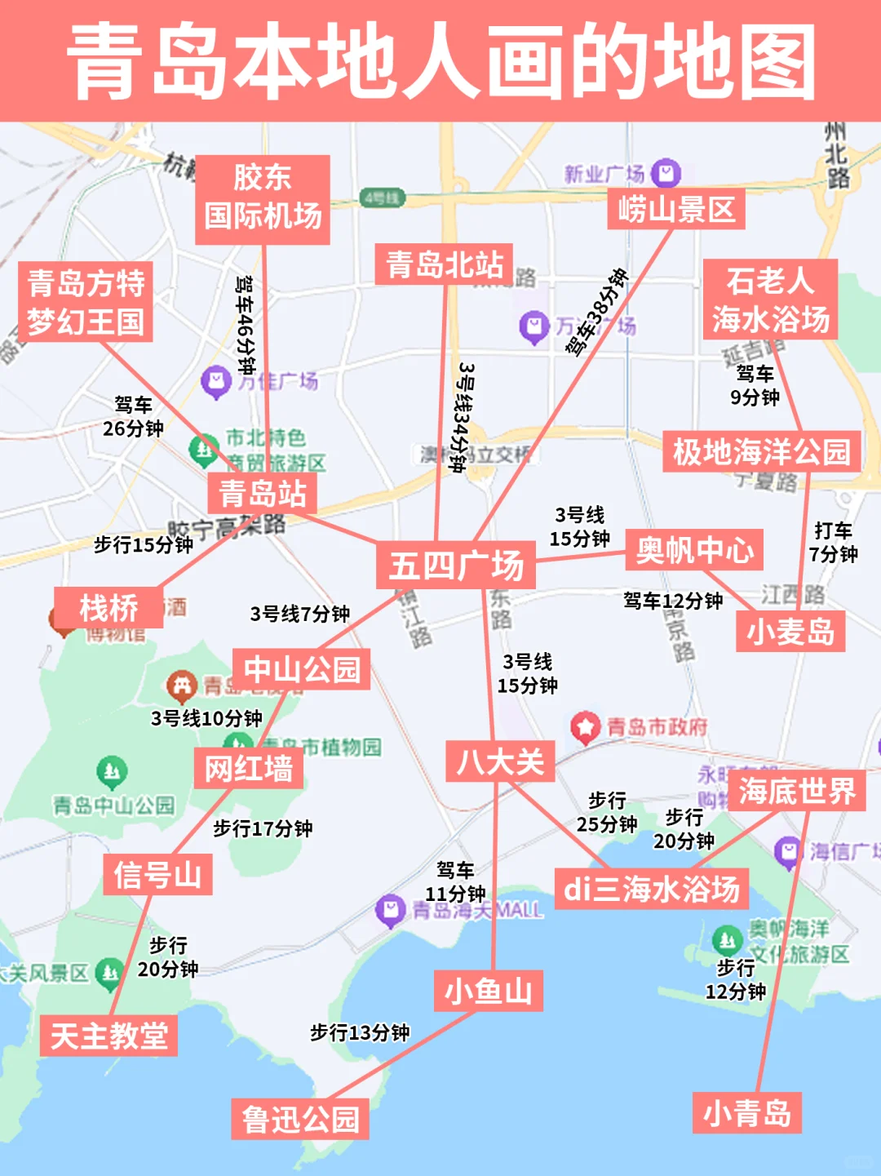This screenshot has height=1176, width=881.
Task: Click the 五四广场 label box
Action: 455,565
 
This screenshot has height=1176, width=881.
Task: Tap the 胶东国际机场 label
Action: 263,198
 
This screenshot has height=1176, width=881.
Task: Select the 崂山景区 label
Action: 676,210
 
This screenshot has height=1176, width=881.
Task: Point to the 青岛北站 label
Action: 444,264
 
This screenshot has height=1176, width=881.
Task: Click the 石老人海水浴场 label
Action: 770,300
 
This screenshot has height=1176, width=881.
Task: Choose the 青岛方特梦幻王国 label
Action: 86,302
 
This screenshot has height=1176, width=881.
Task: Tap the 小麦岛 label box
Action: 790,631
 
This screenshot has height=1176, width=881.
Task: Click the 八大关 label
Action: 500,761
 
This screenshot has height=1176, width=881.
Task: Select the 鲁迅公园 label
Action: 300,1119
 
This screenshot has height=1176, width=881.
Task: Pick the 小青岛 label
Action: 747,1112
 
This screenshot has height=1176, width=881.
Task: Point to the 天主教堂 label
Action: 108,1036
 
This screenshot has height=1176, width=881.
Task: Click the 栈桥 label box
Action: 108,608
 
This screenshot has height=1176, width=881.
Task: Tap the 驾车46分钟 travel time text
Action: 245,324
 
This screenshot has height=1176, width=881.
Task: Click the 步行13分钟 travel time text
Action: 360,1032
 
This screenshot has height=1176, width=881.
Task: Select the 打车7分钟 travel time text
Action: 833,543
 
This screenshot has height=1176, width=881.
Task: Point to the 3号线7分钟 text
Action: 299,614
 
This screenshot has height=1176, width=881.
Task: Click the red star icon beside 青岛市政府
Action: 584,726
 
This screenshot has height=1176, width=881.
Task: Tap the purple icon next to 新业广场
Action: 666,173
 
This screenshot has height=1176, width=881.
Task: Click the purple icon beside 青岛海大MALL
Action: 390,908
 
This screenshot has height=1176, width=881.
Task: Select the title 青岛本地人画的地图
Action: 440,61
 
